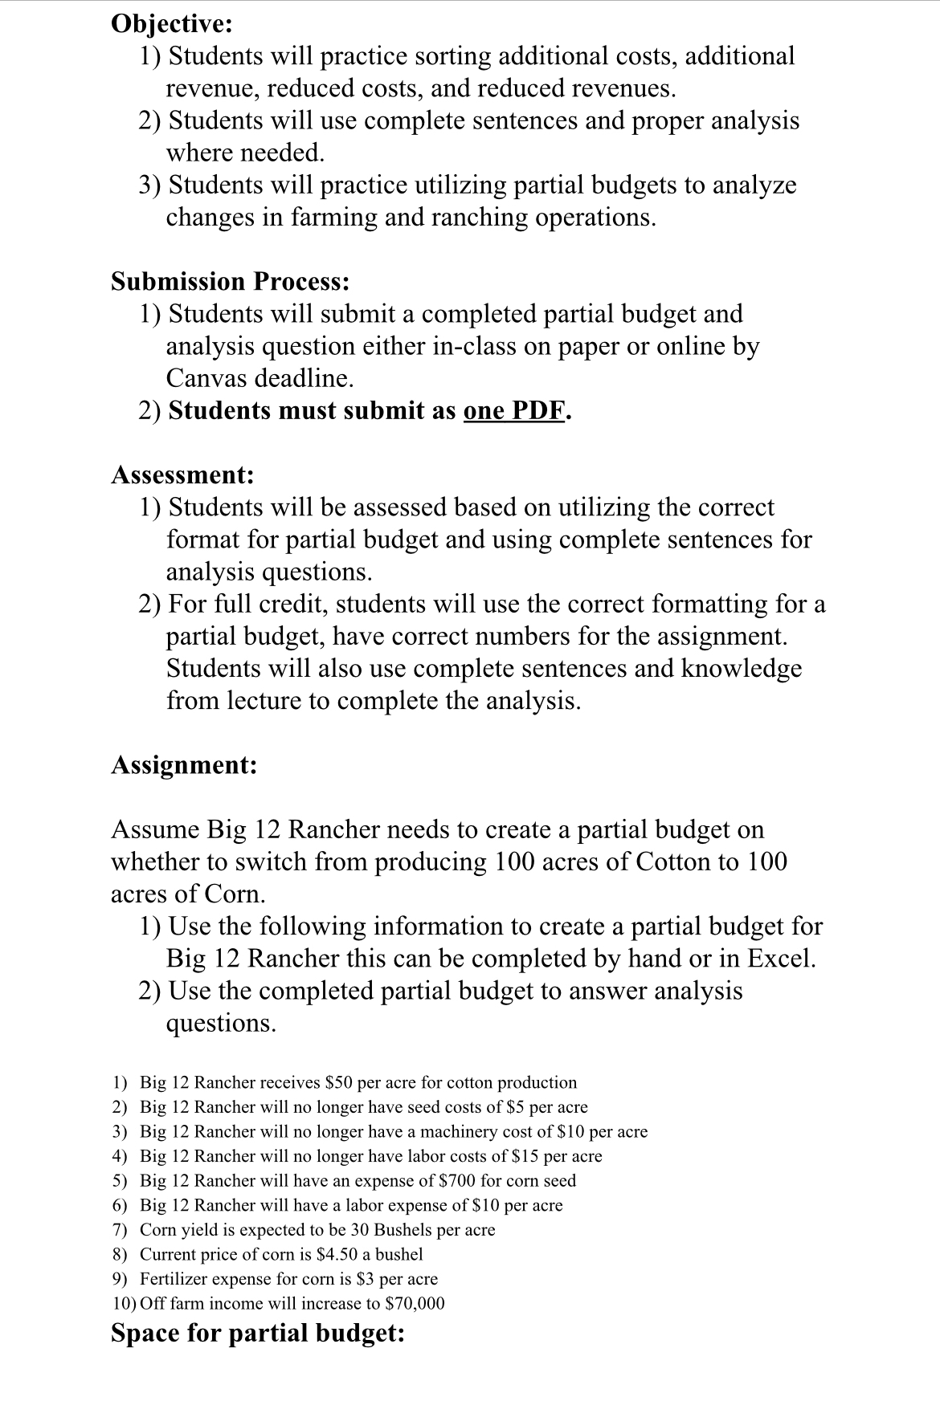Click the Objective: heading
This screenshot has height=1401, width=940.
[x=171, y=23]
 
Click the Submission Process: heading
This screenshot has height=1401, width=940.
[x=230, y=281]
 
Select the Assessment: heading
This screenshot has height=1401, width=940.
[x=182, y=474]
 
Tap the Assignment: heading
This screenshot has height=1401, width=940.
[x=184, y=764]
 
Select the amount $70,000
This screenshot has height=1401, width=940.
[x=415, y=1303]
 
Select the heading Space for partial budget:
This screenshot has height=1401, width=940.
[x=257, y=1333]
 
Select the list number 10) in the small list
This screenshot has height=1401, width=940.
[x=124, y=1303]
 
